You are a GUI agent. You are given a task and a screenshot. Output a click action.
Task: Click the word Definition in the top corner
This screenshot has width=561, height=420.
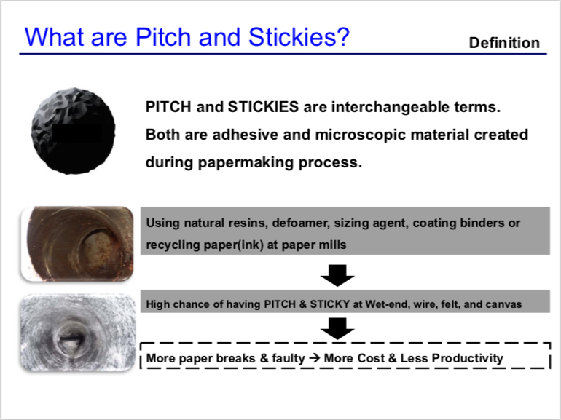pyautogui.click(x=504, y=43)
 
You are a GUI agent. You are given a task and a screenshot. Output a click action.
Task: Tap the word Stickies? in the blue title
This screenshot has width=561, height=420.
pyautogui.click(x=299, y=36)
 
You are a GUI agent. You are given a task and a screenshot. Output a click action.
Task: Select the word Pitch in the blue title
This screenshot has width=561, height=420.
pyautogui.click(x=162, y=36)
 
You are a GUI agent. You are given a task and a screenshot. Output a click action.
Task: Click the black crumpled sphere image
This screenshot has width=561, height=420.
pyautogui.click(x=73, y=131)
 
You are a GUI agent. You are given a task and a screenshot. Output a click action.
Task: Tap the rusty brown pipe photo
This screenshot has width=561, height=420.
pyautogui.click(x=77, y=244)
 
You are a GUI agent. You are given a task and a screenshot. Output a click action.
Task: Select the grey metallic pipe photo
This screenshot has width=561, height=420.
pyautogui.click(x=78, y=332)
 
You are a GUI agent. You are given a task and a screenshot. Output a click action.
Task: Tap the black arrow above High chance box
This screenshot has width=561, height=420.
pyautogui.click(x=337, y=275)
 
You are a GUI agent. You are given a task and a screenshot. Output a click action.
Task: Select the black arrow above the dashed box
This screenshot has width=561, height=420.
pyautogui.click(x=337, y=328)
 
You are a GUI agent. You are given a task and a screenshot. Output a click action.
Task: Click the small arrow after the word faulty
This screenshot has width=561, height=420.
pyautogui.click(x=314, y=358)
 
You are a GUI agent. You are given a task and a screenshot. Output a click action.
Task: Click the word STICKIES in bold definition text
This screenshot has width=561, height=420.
pyautogui.click(x=263, y=107)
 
